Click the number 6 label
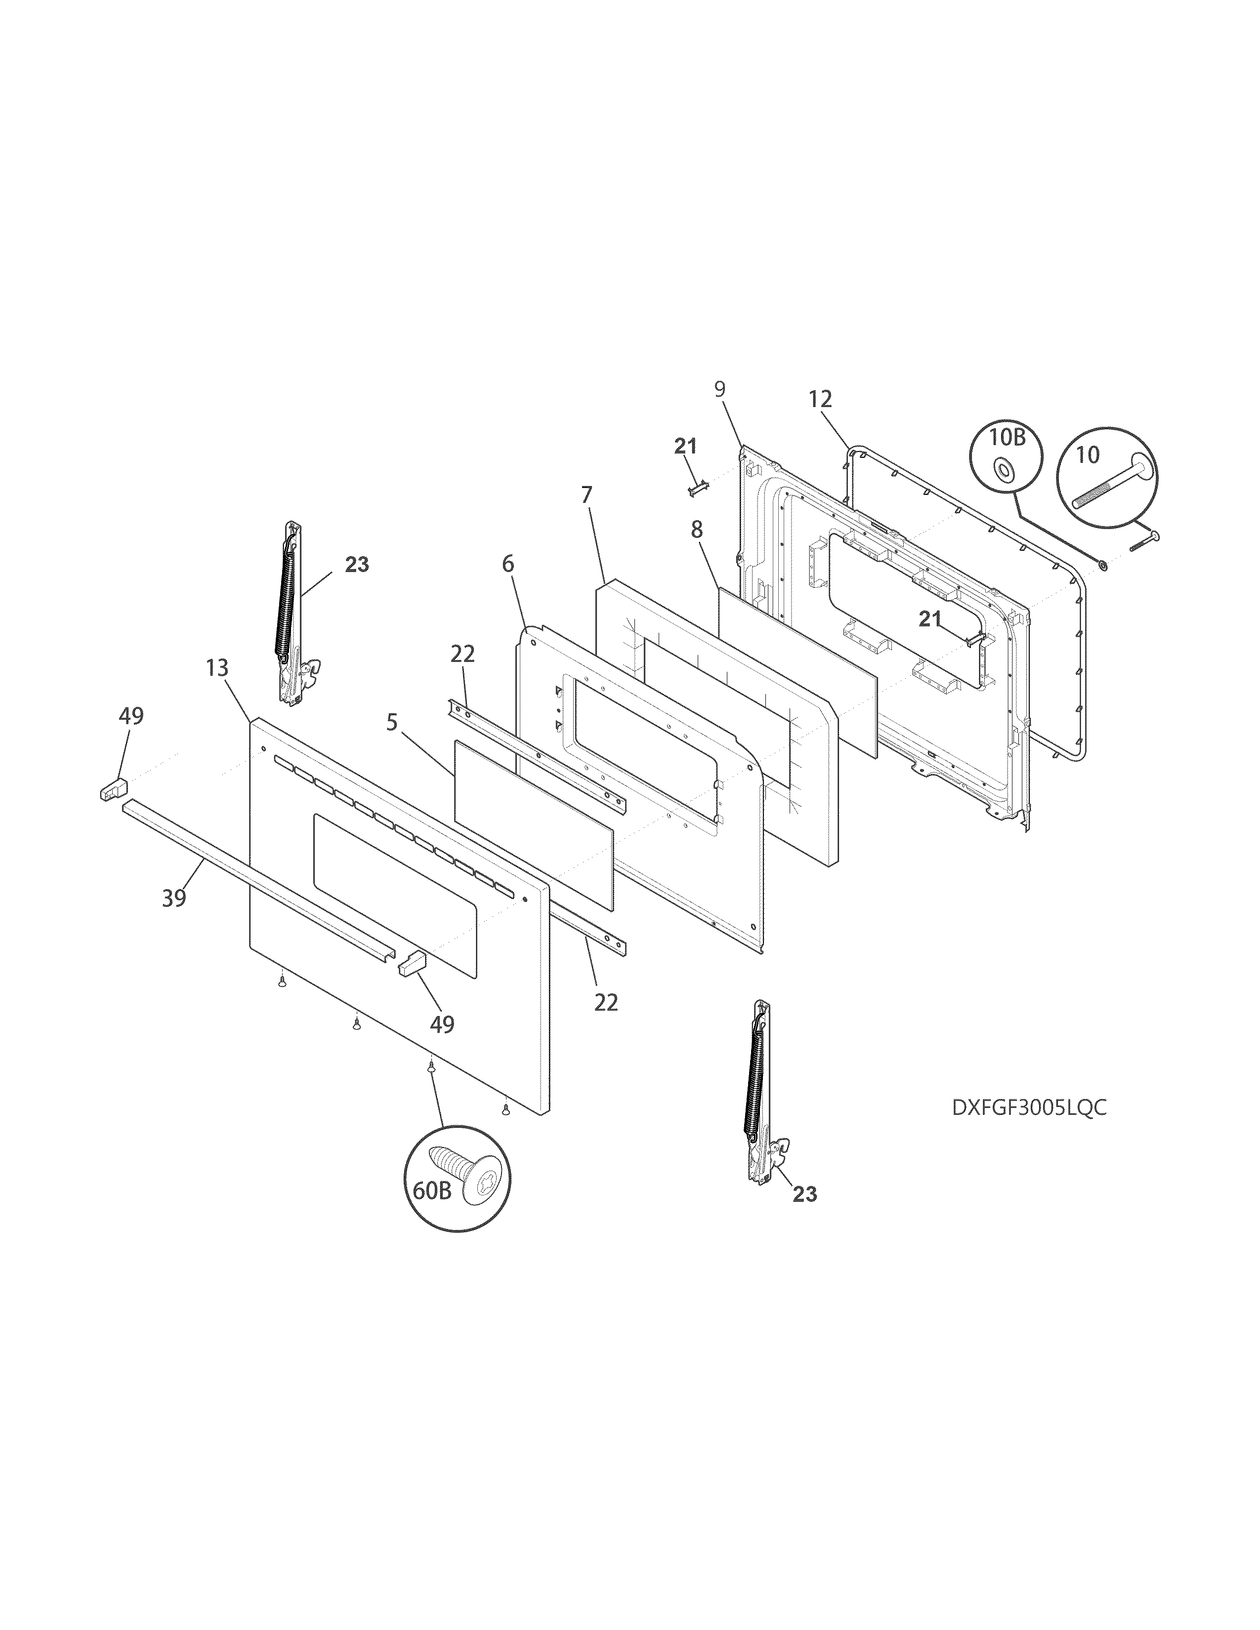coord(507,564)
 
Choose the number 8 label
coord(696,530)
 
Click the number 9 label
coord(719,388)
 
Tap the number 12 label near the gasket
coord(820,399)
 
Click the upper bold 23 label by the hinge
coord(357,565)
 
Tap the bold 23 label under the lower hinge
coord(804,1194)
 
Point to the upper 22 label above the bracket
coord(463,654)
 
